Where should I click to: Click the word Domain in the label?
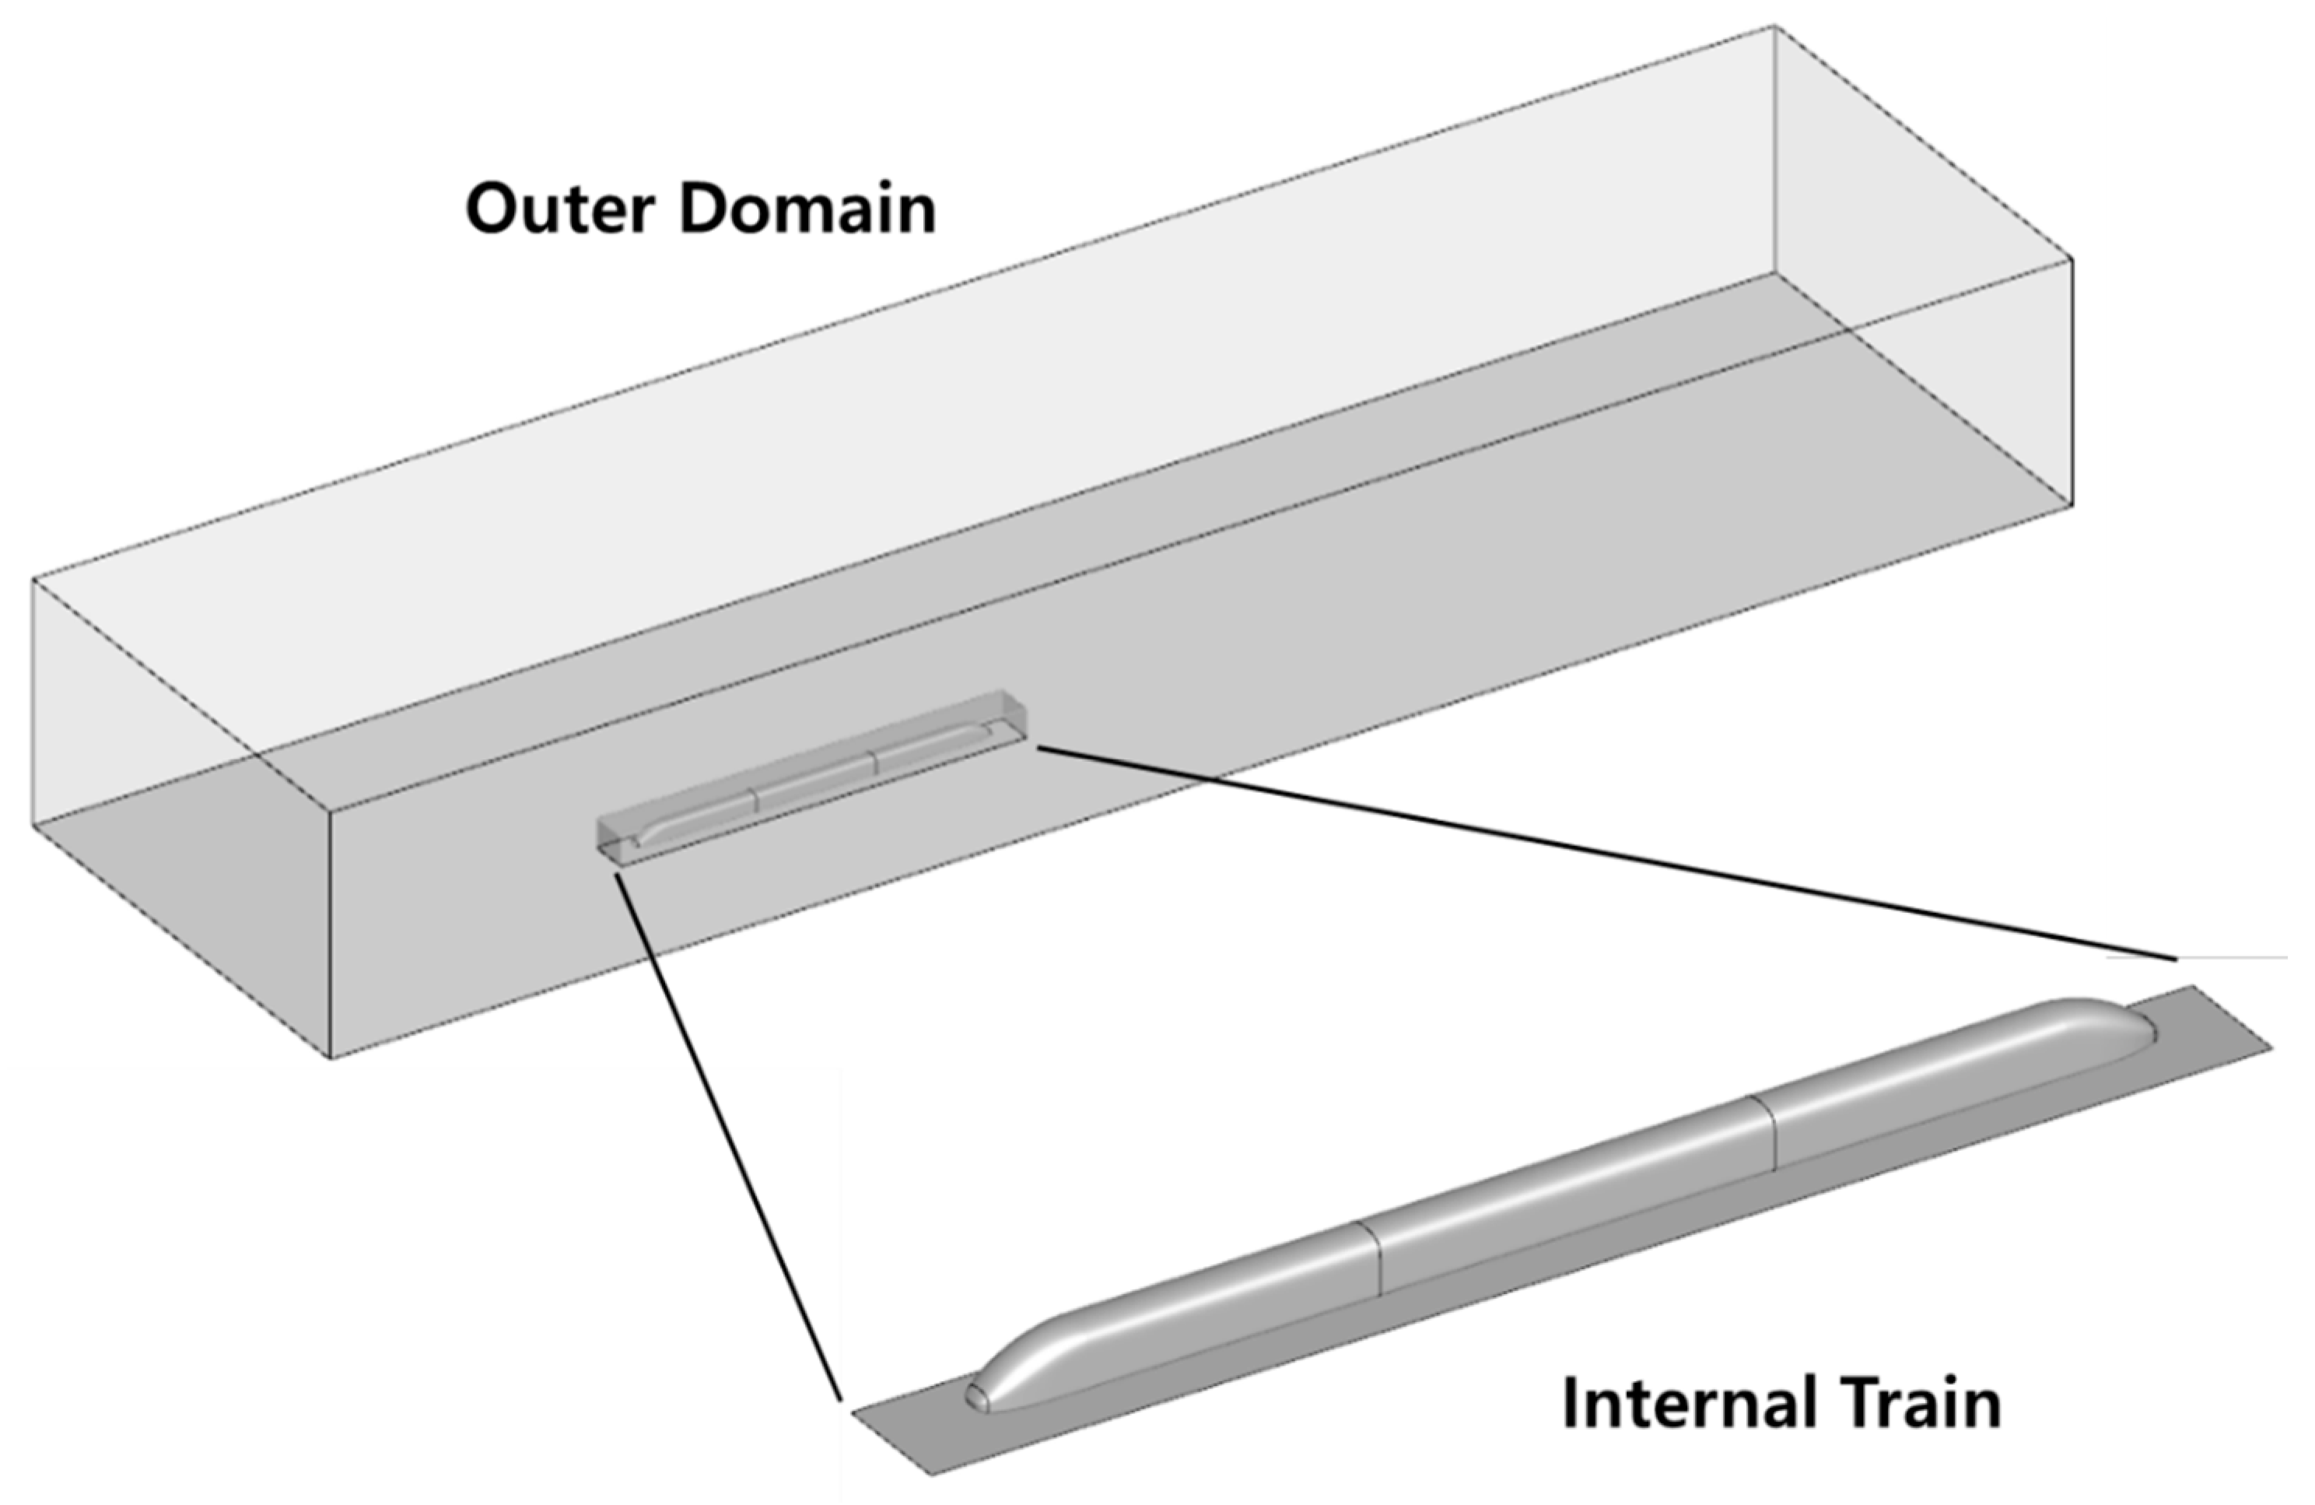click(x=807, y=209)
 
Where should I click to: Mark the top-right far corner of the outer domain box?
click(x=1775, y=26)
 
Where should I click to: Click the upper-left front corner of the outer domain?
click(x=34, y=580)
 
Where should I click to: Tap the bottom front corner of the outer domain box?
click(x=333, y=1058)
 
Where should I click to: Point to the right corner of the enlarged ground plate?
click(x=2271, y=1049)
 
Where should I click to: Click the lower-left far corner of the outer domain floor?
click(x=34, y=825)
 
